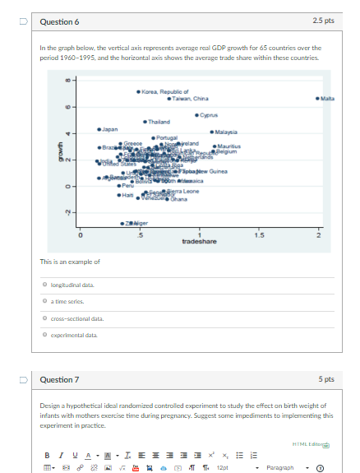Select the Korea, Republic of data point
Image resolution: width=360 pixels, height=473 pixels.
pos(139,90)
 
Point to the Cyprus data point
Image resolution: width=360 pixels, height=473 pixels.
pos(196,114)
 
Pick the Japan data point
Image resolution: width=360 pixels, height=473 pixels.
pos(99,129)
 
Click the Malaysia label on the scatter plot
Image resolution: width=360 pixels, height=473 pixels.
pos(227,131)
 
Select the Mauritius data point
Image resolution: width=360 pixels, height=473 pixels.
pos(215,146)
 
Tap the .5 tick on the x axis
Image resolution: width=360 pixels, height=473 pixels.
pos(139,212)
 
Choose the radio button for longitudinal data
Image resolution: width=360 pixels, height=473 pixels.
pos(45,285)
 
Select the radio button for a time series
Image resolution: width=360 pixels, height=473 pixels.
pos(45,301)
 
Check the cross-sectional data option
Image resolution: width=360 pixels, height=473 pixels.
pos(45,318)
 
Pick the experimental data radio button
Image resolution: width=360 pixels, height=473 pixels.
pos(45,335)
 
